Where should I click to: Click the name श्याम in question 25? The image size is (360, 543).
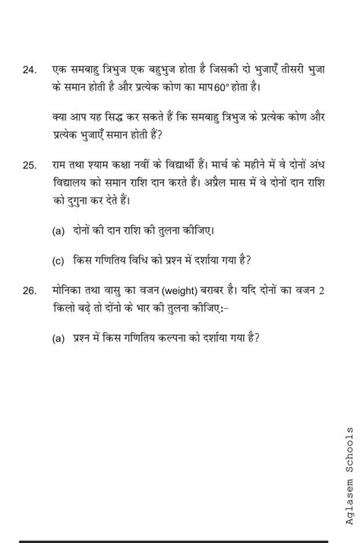103,165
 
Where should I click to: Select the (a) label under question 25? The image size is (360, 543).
58,231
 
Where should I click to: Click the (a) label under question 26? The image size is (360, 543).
58,339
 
